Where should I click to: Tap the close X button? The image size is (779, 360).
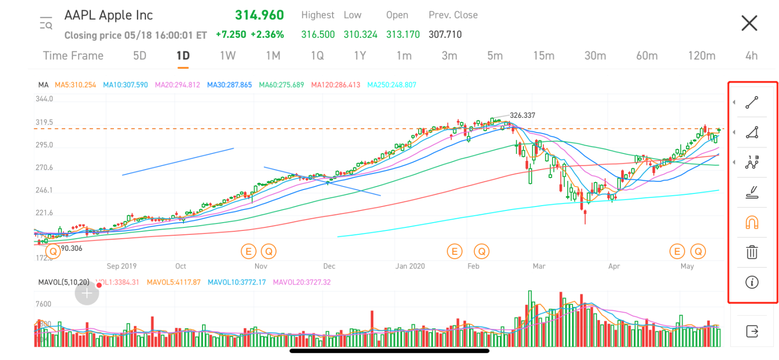click(749, 23)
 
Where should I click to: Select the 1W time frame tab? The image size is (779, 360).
click(227, 56)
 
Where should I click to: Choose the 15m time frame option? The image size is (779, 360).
click(543, 56)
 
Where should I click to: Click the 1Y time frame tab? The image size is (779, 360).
click(360, 56)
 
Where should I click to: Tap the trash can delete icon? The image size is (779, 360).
click(752, 252)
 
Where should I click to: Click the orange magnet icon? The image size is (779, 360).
click(752, 223)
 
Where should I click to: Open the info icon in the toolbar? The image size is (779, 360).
click(752, 282)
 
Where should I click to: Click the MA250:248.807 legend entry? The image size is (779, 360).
click(391, 85)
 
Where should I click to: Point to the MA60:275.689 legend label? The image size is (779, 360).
click(281, 85)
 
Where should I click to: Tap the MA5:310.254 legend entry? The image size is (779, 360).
click(75, 85)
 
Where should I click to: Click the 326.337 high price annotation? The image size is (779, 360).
click(522, 115)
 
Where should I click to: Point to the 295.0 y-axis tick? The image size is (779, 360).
click(44, 145)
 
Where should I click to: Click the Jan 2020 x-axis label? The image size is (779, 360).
click(410, 266)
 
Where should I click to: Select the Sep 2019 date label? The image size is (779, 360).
click(122, 266)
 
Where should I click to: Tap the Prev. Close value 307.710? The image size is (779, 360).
click(445, 35)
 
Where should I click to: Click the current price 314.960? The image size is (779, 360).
click(260, 15)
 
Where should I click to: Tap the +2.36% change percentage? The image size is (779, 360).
click(267, 35)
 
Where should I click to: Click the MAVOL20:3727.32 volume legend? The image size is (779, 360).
click(302, 282)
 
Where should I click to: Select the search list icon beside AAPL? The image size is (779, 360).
click(46, 23)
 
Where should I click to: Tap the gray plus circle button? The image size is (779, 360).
click(87, 293)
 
